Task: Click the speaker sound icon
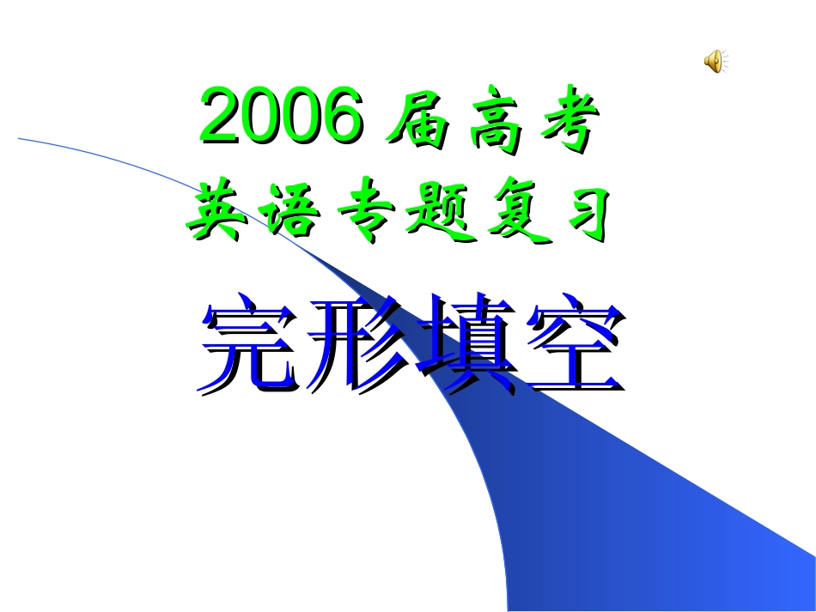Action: point(716,61)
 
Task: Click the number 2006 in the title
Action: point(281,118)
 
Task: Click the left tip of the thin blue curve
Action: point(19,138)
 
